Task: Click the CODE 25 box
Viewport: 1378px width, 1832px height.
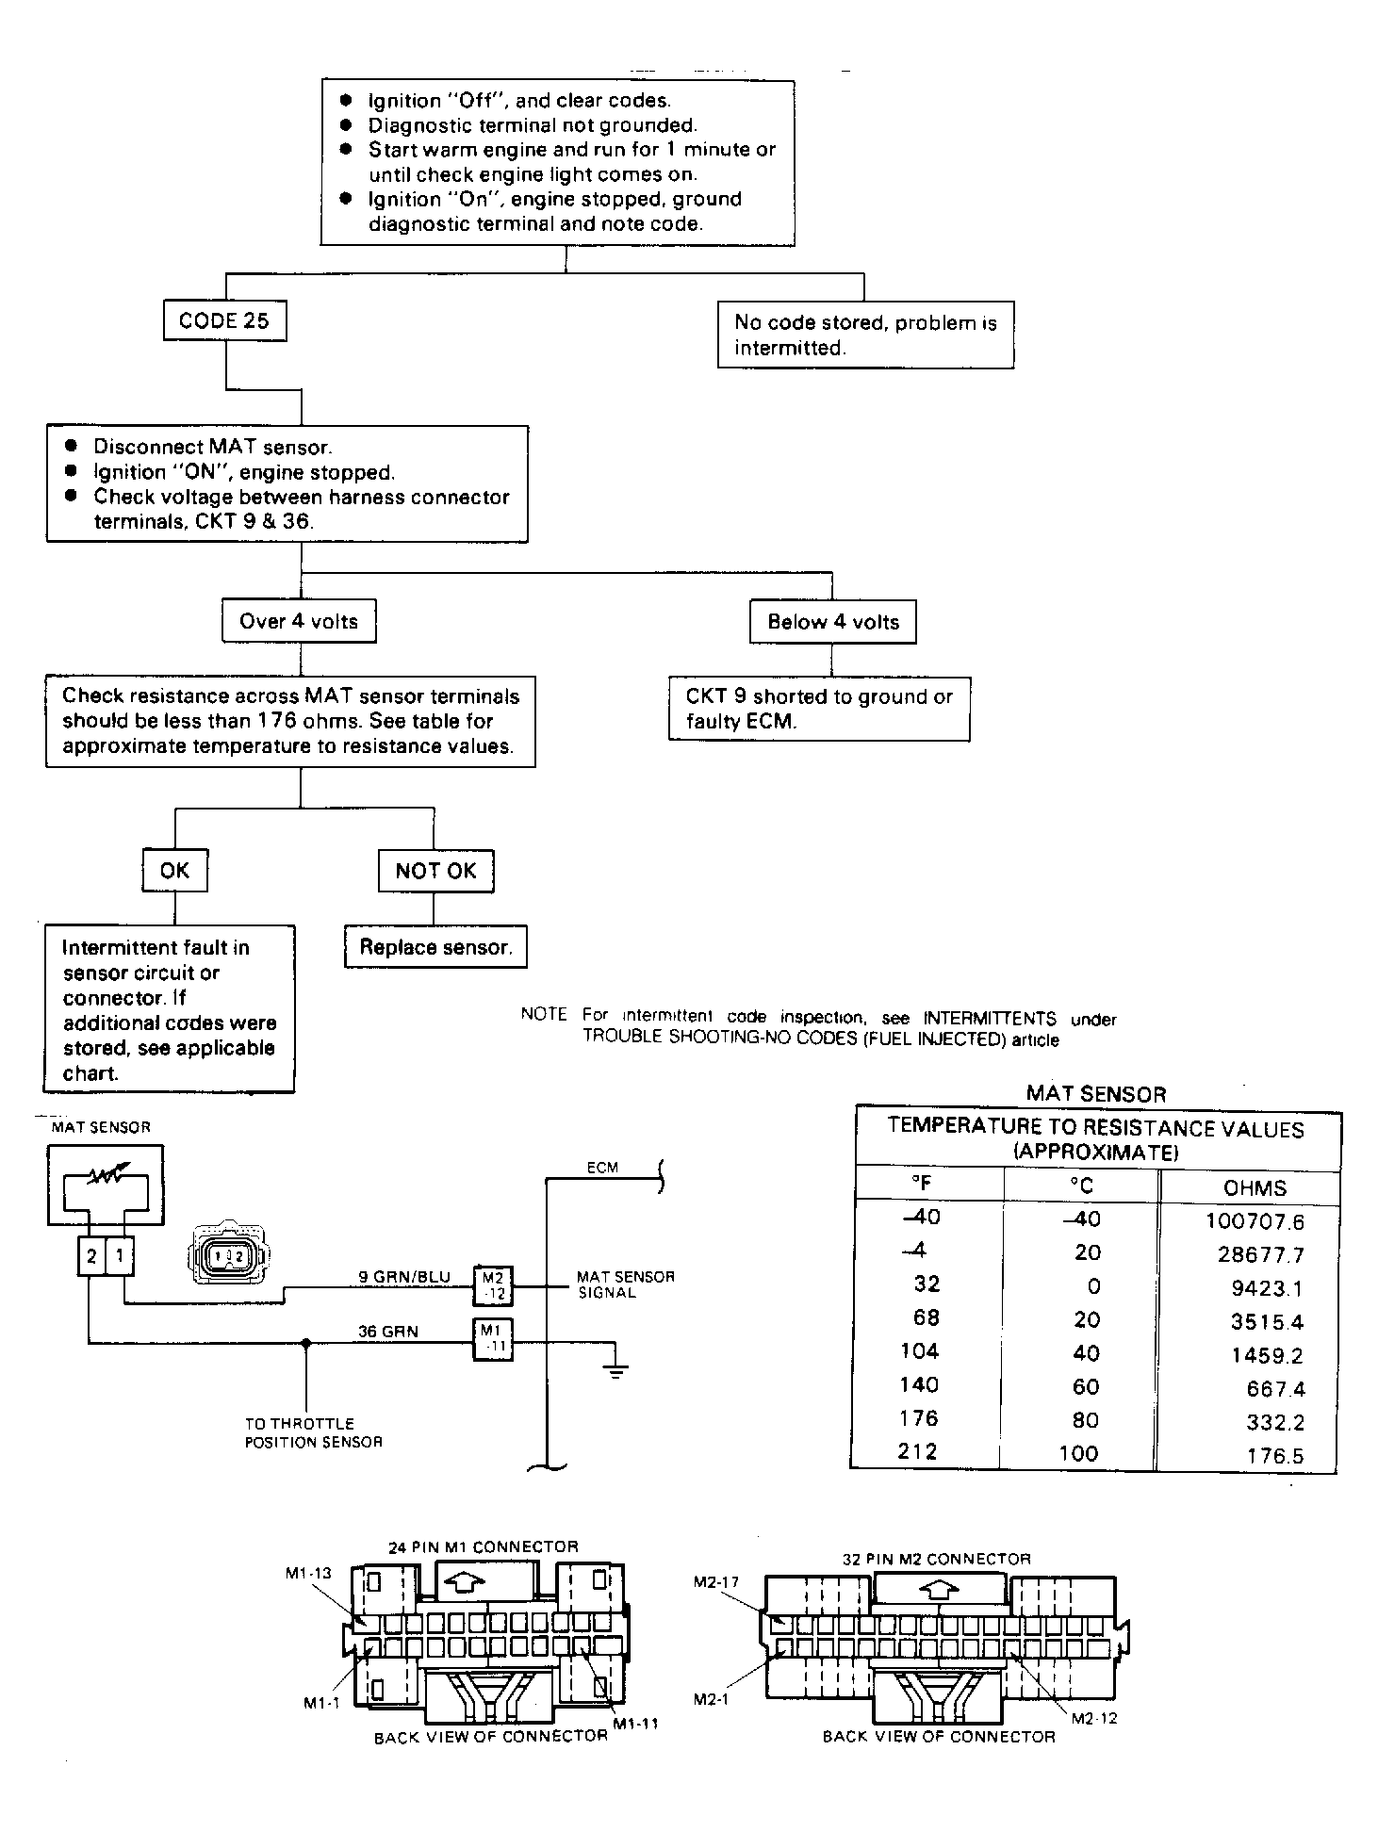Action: pos(224,320)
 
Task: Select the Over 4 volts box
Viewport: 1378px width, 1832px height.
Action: pos(299,621)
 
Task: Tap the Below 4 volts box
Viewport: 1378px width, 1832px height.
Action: pos(833,622)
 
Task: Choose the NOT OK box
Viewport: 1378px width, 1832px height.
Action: pos(435,871)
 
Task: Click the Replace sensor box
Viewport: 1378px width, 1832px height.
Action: pos(435,947)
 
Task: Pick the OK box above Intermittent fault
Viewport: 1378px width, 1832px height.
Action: pos(174,870)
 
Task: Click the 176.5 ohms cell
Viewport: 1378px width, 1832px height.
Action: pos(1275,1456)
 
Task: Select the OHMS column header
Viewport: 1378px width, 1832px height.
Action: pos(1255,1188)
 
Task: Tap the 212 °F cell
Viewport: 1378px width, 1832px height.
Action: pos(917,1450)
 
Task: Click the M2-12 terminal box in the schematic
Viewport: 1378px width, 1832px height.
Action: pos(492,1284)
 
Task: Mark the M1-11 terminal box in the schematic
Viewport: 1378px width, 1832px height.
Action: pos(492,1339)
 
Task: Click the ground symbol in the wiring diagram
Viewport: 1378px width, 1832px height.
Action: pos(615,1369)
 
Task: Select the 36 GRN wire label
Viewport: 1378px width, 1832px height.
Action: pos(387,1332)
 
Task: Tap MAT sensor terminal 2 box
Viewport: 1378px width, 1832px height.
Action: pos(91,1256)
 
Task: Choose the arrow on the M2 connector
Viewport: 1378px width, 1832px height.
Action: pos(935,1590)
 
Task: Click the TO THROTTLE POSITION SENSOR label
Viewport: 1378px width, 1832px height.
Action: pos(314,1432)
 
